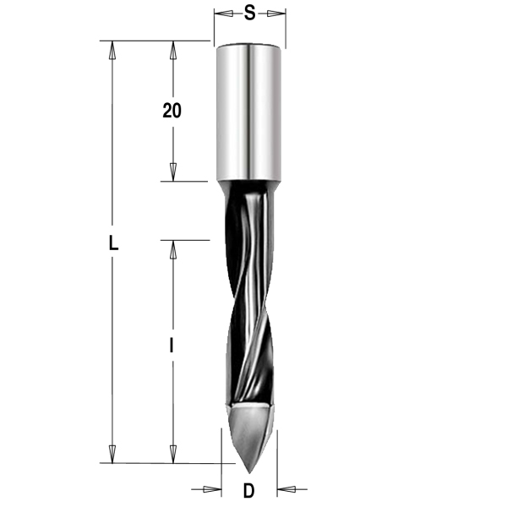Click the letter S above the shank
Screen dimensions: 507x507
(x=249, y=14)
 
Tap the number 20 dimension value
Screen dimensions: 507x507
(x=172, y=111)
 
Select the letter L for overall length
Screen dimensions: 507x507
(x=112, y=244)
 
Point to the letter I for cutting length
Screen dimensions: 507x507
(x=172, y=345)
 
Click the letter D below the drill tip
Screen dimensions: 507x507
(x=248, y=490)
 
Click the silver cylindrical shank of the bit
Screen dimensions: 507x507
(x=249, y=110)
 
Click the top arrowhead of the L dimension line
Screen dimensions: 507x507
(x=112, y=49)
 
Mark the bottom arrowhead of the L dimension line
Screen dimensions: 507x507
(x=112, y=455)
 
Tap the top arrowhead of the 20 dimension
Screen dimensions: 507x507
(x=172, y=49)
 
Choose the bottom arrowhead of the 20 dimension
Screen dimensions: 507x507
(x=172, y=172)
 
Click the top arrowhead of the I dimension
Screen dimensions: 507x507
(x=172, y=249)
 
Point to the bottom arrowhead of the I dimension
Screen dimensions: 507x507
(x=172, y=455)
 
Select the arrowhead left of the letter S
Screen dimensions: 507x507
(x=222, y=14)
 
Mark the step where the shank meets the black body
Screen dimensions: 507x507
(x=249, y=182)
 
